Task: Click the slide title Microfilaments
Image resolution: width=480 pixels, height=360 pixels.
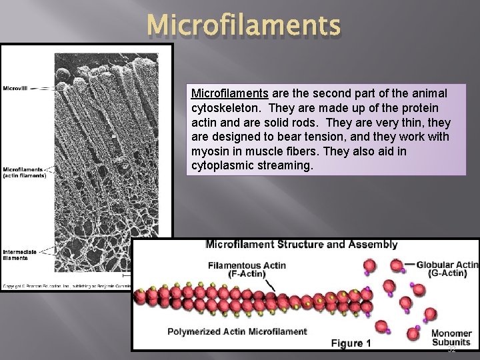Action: (x=244, y=26)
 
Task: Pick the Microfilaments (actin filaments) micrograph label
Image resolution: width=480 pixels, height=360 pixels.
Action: (x=25, y=172)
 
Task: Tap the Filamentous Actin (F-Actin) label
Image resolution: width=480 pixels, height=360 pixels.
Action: (x=247, y=269)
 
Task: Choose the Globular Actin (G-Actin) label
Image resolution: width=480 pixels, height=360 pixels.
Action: (x=447, y=269)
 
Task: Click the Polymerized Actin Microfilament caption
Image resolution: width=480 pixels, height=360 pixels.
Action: (x=237, y=331)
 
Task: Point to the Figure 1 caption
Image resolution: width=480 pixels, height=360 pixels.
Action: (x=351, y=343)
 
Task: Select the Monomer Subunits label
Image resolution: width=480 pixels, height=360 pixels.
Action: (x=451, y=337)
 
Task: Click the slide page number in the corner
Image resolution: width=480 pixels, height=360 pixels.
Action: (x=451, y=349)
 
